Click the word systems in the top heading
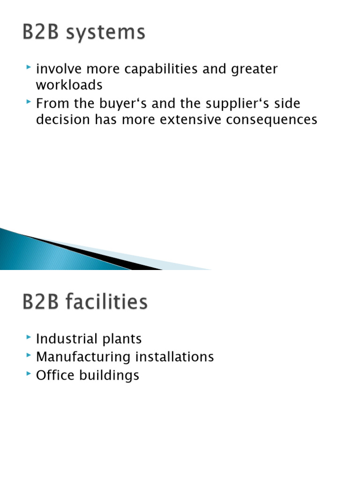105,33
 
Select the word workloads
69,85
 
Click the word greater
255,69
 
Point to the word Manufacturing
83,357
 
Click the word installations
175,357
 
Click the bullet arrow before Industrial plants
30,337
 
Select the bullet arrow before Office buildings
30,374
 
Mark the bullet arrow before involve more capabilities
30,68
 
